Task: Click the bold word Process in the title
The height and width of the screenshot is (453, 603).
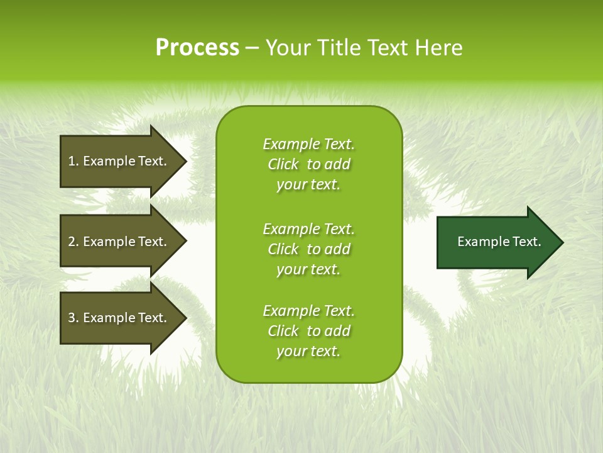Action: [197, 48]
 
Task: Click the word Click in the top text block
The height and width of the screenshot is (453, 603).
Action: [283, 164]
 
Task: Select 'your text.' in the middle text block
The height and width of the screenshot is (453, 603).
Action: [308, 269]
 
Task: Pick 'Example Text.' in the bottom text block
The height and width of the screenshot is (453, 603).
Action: [308, 311]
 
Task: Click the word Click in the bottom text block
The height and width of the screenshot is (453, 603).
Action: [283, 331]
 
